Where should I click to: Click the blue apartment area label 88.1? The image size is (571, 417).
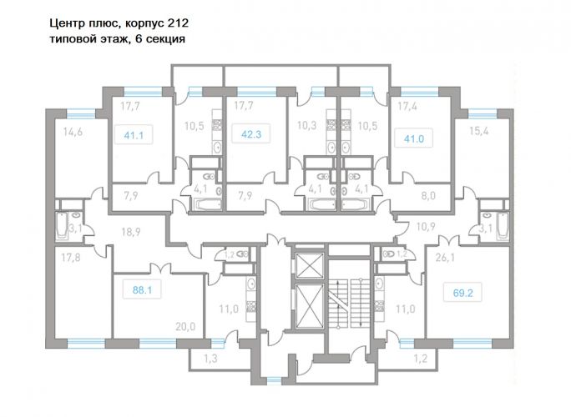tap(142, 290)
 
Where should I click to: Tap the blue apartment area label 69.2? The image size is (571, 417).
tap(462, 293)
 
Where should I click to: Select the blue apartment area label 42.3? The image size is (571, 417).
tap(251, 134)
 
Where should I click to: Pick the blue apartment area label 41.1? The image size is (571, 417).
tap(134, 135)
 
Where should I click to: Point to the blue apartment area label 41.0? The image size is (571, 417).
tap(414, 138)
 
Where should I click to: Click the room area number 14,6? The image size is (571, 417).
tap(73, 132)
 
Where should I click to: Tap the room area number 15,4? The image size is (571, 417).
tap(478, 131)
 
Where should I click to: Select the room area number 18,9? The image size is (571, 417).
tap(131, 232)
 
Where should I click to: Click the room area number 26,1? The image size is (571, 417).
tap(445, 258)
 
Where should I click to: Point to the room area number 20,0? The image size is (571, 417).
tap(185, 326)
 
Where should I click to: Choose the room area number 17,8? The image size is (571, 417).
tap(71, 258)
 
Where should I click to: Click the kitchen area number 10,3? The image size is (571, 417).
tap(306, 126)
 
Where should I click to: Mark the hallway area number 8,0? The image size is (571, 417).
tap(428, 196)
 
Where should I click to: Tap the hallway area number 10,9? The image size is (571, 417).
tap(426, 227)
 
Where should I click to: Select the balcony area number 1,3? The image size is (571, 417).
tap(210, 359)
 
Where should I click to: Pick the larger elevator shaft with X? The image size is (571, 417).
tap(309, 305)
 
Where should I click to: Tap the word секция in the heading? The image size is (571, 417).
tap(165, 38)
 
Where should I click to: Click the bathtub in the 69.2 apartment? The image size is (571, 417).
tap(503, 226)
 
